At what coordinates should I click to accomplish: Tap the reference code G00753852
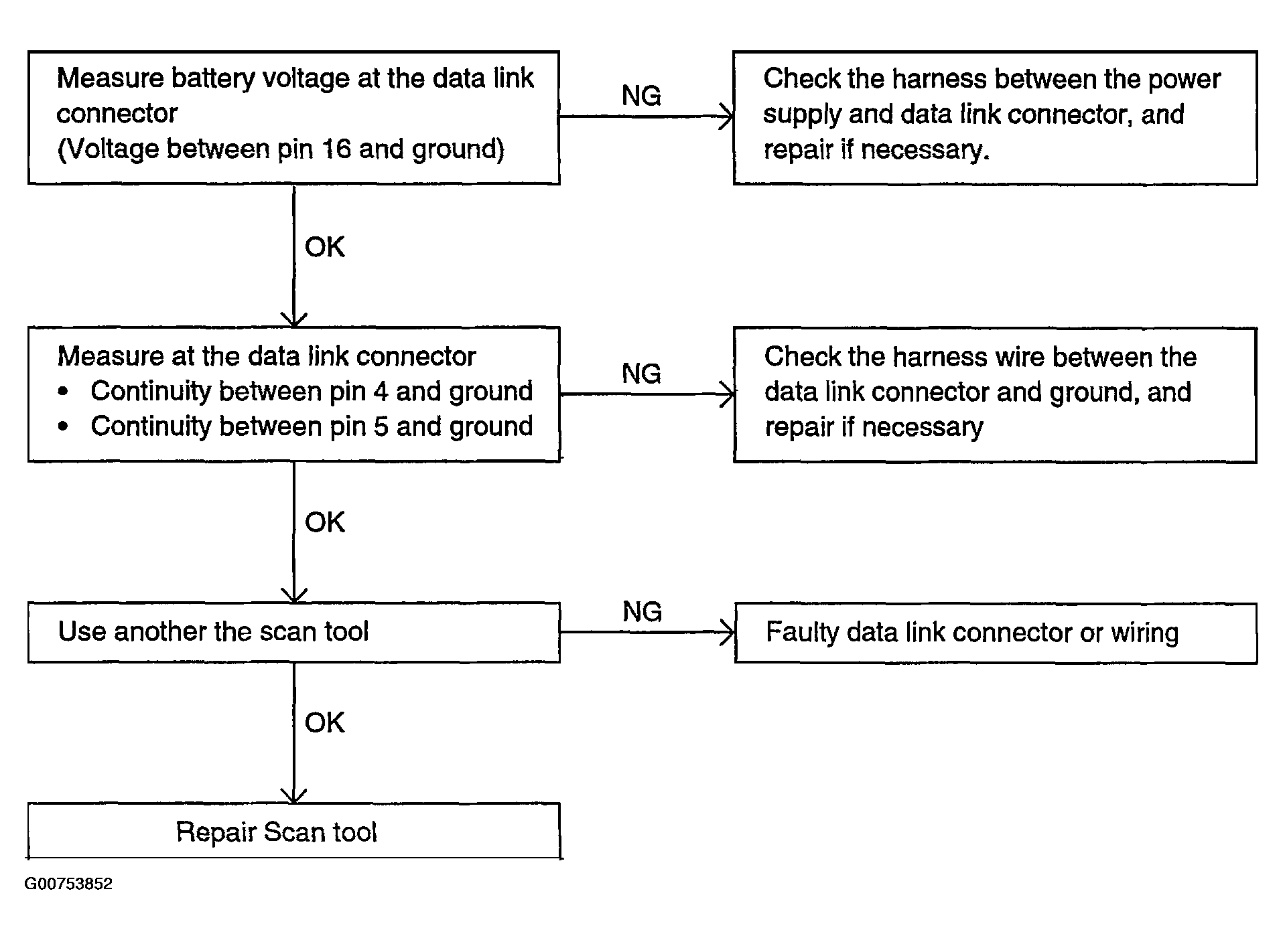click(68, 884)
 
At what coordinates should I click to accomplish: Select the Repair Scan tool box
click(293, 830)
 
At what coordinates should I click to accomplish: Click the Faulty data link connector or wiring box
click(996, 633)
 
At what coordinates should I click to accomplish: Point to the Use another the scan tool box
click(293, 632)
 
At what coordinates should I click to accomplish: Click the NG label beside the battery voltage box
click(641, 96)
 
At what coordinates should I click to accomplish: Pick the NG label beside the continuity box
click(641, 374)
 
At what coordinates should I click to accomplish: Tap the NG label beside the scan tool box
click(642, 611)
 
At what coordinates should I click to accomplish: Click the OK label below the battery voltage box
click(324, 247)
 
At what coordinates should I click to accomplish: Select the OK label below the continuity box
click(324, 522)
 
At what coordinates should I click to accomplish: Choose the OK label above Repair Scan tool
click(324, 723)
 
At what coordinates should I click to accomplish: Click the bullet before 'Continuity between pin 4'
click(64, 392)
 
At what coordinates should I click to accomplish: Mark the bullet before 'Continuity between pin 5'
click(64, 427)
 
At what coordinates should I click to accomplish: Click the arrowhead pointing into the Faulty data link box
click(728, 632)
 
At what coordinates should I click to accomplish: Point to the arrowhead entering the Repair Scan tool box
click(293, 795)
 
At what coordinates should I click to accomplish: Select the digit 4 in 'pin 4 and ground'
click(381, 391)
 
